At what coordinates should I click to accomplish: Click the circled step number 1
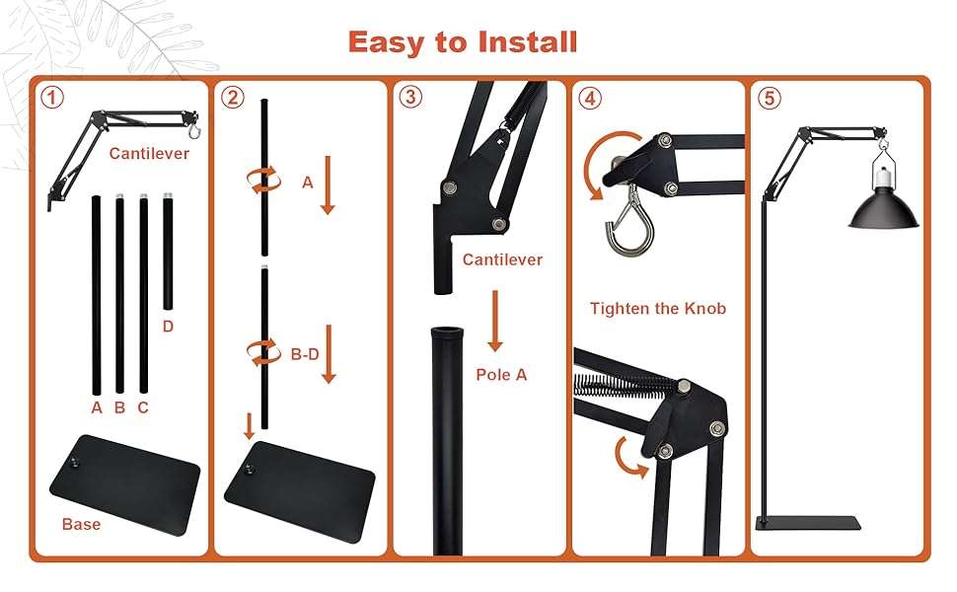(52, 98)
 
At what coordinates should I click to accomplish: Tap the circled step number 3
(410, 97)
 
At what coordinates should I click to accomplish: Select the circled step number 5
(769, 98)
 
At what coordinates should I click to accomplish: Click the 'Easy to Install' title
(463, 42)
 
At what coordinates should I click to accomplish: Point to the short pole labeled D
(168, 252)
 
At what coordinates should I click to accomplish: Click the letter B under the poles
(119, 407)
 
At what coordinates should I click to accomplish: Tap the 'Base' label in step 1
(81, 524)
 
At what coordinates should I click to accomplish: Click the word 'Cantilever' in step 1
(149, 153)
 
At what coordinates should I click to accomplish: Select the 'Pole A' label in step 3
(501, 375)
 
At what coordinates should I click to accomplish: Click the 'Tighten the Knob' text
(658, 308)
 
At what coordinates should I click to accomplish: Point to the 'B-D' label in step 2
(305, 354)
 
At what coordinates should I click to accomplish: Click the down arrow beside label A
(328, 185)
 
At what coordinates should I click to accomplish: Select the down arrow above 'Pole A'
(495, 321)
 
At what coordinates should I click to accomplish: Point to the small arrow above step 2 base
(249, 426)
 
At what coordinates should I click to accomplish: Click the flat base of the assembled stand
(808, 523)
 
